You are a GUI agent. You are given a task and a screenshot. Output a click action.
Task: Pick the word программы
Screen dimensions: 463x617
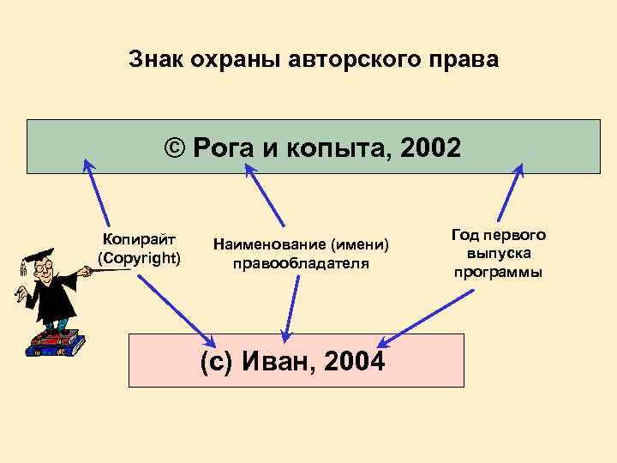click(499, 272)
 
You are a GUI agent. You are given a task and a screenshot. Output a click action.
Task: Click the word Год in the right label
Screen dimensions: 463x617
click(465, 235)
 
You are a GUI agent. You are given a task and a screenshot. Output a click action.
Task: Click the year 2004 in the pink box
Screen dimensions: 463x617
click(355, 362)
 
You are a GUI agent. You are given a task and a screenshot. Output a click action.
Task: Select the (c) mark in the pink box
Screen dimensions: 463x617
click(218, 362)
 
